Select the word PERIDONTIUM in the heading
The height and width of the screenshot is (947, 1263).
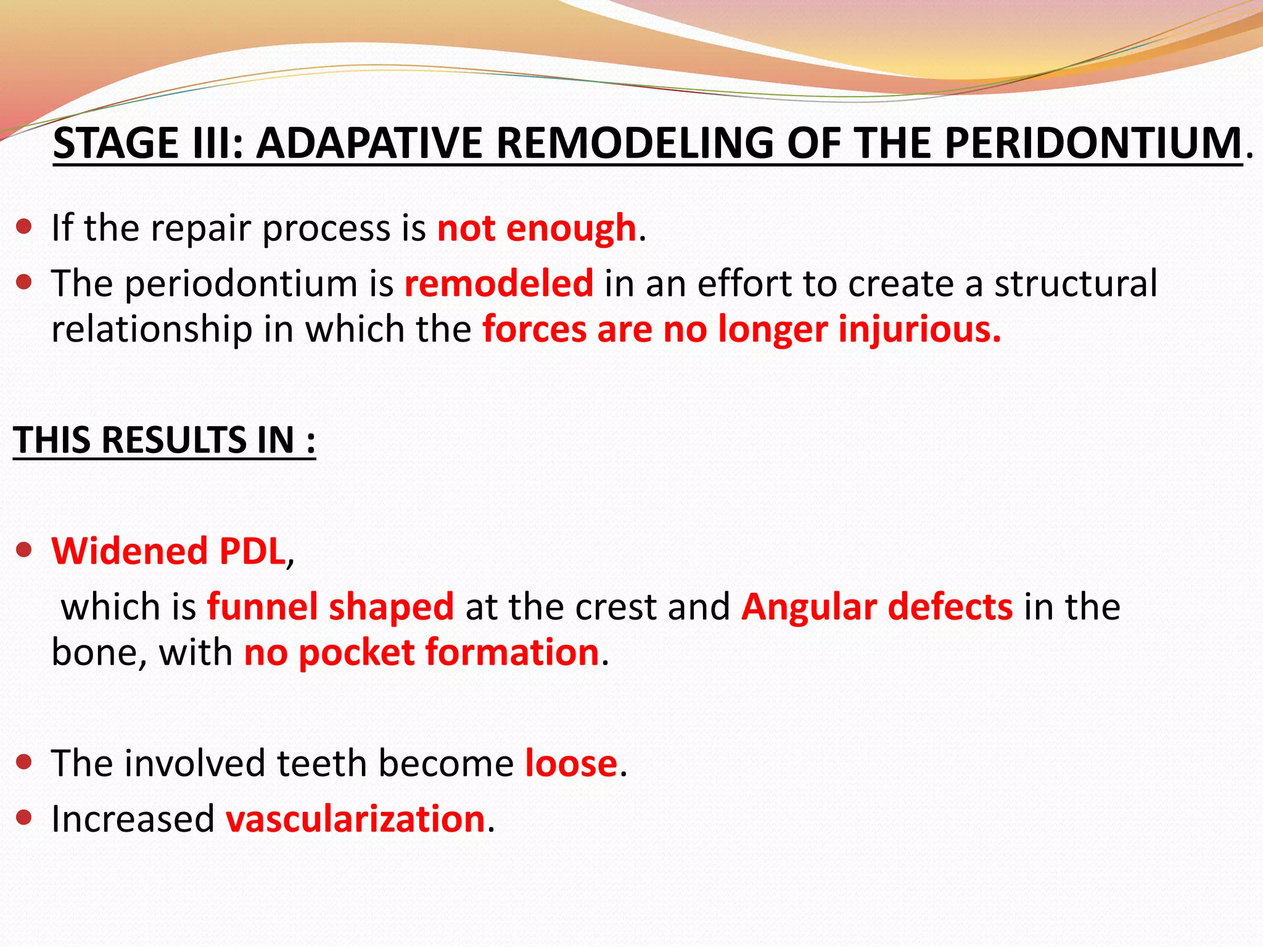[x=1093, y=143]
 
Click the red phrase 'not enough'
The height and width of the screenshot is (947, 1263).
[x=536, y=228]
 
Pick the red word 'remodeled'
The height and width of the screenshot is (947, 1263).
[x=498, y=284]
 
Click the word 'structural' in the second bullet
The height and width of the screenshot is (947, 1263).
[x=1076, y=284]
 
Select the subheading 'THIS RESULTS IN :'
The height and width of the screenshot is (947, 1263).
[x=164, y=440]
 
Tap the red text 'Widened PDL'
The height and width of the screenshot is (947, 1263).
[x=168, y=551]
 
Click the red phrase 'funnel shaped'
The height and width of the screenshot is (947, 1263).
[x=330, y=607]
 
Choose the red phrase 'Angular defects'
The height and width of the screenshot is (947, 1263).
[x=876, y=607]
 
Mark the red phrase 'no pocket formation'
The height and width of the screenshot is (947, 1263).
[x=421, y=652]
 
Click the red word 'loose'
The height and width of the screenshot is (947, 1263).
[x=571, y=763]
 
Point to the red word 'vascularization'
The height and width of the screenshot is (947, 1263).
[x=355, y=819]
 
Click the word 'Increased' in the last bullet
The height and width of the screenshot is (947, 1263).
[x=133, y=819]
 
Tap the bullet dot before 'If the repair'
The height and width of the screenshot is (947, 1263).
[x=24, y=227]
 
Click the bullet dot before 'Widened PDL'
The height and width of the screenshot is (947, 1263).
[x=24, y=549]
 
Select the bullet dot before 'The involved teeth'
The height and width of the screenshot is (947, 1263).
[x=24, y=762]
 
